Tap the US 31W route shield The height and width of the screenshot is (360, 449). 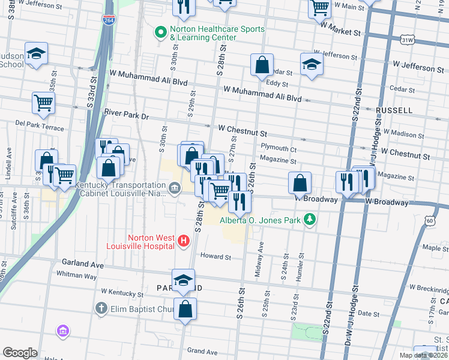tap(408, 39)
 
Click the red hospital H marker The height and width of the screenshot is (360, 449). tap(184, 241)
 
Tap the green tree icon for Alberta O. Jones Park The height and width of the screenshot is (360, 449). tap(309, 220)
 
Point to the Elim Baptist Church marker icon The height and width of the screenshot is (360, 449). tap(101, 308)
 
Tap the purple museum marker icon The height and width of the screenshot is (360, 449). tap(63, 331)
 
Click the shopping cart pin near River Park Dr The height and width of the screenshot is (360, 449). tap(44, 103)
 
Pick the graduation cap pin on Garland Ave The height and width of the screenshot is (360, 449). tap(183, 280)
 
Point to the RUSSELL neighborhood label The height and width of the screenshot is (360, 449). tap(394, 110)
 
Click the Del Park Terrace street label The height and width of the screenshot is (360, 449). tap(40, 127)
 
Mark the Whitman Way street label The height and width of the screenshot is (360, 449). tap(76, 275)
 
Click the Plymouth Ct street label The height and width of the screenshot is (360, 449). tap(279, 148)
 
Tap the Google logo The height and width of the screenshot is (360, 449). tap(20, 353)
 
